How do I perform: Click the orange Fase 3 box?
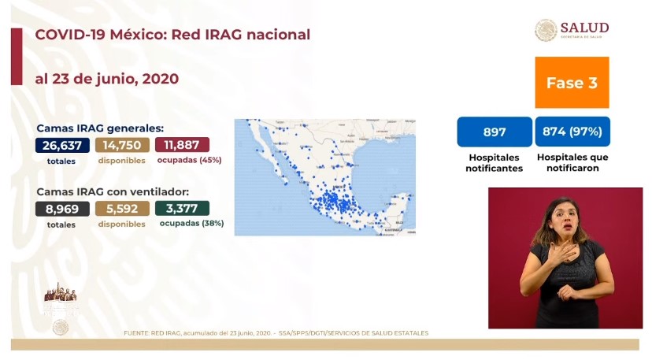click(572, 82)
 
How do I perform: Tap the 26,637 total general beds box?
click(61, 145)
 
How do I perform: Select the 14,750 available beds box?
click(121, 145)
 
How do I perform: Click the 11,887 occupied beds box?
click(182, 145)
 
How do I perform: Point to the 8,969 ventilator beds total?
click(61, 209)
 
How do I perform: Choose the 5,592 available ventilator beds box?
click(121, 209)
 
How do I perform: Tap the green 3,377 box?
click(182, 209)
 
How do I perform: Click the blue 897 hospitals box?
click(494, 132)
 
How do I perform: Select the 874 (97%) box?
click(572, 132)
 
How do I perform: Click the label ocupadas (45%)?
click(189, 160)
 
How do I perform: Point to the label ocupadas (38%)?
click(191, 224)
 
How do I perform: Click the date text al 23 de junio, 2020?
click(106, 79)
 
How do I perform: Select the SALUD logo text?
click(583, 28)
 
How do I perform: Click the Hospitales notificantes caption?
click(494, 162)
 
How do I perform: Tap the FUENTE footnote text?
click(276, 333)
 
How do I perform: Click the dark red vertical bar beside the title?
click(16, 56)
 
